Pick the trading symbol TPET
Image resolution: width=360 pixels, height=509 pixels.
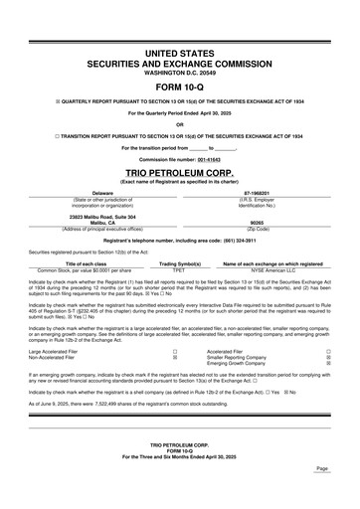click(179, 269)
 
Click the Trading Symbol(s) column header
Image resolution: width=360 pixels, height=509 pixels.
click(179, 263)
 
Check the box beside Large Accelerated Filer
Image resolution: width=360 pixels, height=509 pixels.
click(175, 351)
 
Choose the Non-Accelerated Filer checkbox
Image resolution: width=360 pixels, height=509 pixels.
click(175, 357)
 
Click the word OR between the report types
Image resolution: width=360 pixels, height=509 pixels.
click(179, 124)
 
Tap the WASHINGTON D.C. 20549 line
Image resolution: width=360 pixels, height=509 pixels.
click(179, 72)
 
